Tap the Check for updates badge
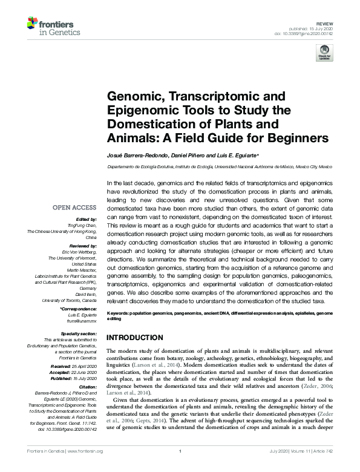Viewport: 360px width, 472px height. (x=324, y=52)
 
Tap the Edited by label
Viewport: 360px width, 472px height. (x=87, y=219)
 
